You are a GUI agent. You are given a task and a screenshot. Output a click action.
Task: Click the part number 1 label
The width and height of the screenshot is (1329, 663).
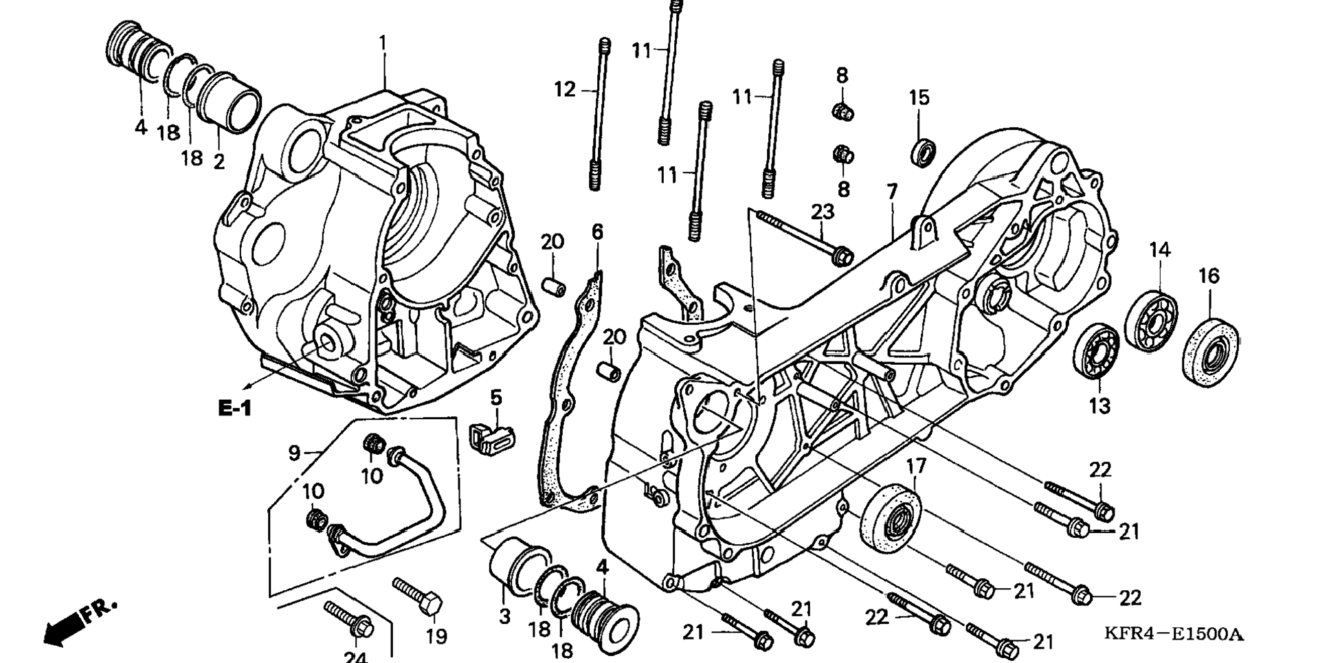coord(383,43)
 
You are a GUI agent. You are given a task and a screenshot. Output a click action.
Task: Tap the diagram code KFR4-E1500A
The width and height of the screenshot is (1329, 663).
coord(1174,633)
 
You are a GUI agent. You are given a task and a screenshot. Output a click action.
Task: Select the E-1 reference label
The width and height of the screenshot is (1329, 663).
coord(235,408)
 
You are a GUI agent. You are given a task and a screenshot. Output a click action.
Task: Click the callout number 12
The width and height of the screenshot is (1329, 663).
coord(565,89)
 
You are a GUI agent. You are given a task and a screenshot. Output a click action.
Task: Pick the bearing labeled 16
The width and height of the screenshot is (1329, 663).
coord(1211,347)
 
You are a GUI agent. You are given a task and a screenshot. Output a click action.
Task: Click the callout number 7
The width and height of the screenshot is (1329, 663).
coord(892,192)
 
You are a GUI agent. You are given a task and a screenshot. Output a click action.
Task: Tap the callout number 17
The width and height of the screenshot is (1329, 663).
coord(915,468)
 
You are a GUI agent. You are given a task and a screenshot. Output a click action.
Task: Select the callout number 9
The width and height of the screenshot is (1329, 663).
coord(294,453)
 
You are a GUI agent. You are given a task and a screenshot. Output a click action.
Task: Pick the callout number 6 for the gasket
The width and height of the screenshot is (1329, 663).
coord(597,232)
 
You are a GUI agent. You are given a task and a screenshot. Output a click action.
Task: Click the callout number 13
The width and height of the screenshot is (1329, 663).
coord(1099,406)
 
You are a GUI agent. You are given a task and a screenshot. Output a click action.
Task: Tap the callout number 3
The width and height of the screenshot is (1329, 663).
coord(505,616)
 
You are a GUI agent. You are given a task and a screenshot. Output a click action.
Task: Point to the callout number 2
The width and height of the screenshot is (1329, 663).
coord(219,162)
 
